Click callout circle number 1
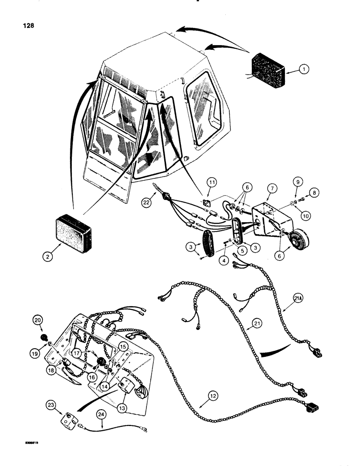pos(303,69)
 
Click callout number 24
pos(101,413)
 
